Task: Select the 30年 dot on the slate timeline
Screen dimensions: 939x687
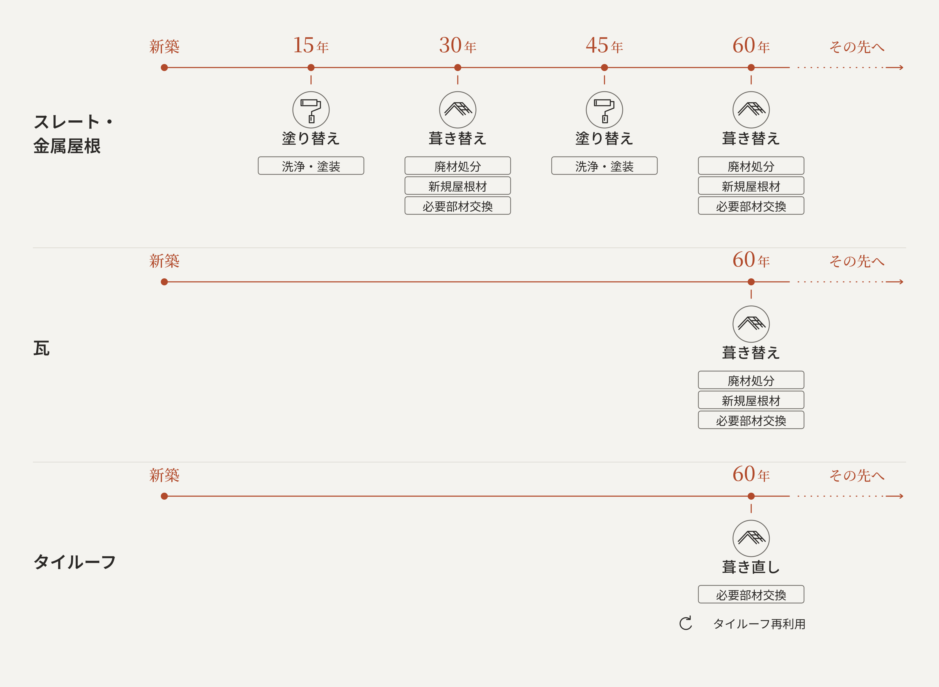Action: tap(458, 67)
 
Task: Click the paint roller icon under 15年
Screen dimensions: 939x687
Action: tap(311, 110)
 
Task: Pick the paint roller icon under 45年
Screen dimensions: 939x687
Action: tap(604, 110)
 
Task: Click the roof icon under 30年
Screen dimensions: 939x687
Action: tap(458, 110)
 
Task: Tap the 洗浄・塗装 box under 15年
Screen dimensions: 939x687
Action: tap(311, 166)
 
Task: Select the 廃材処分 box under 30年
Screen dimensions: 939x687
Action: tap(458, 166)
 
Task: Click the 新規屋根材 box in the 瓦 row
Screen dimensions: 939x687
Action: tap(751, 400)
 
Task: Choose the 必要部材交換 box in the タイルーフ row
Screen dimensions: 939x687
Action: tap(751, 594)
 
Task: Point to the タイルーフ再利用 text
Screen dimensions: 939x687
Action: tap(759, 624)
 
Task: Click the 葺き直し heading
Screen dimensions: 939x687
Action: tap(751, 567)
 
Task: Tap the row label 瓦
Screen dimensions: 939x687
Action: tap(42, 348)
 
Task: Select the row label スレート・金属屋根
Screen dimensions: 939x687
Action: tap(73, 134)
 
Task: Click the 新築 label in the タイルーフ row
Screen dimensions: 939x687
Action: tap(164, 475)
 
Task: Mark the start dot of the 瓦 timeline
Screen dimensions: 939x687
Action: tap(164, 282)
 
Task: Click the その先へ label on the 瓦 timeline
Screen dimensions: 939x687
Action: tap(857, 261)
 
